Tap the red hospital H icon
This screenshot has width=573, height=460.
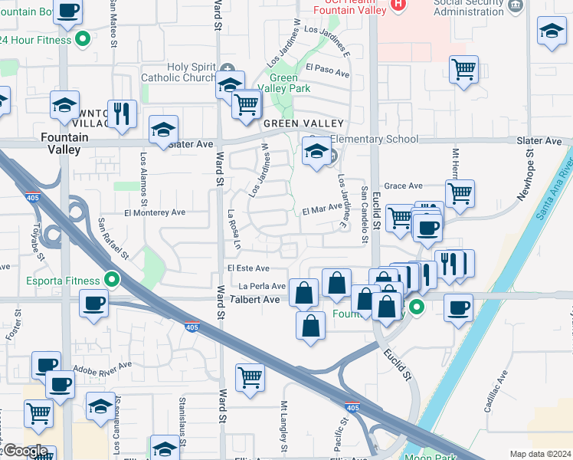398,4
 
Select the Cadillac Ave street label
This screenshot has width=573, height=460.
495,391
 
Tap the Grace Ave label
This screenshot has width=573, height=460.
403,186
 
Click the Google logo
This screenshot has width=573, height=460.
25,450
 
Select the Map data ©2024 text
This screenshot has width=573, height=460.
539,454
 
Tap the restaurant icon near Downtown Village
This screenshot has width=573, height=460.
122,113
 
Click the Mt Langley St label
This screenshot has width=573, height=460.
285,426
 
